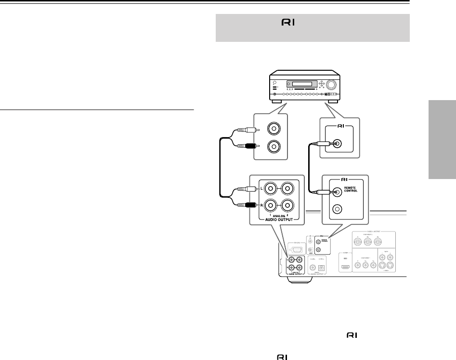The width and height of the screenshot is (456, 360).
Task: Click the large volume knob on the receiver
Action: [x=331, y=85]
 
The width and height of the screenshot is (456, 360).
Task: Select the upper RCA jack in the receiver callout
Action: [x=274, y=129]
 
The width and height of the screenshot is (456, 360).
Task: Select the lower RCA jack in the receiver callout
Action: [x=274, y=146]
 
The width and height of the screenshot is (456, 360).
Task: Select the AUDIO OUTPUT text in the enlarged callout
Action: [x=278, y=220]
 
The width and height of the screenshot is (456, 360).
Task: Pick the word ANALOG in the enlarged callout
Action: [x=278, y=215]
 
